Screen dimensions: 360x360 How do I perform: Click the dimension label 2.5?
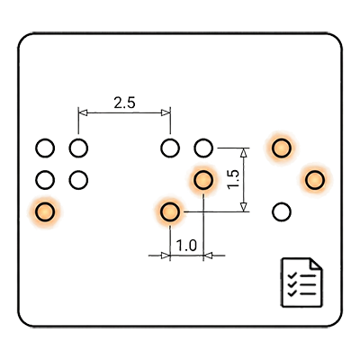124,103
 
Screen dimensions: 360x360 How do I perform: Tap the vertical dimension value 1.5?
234,179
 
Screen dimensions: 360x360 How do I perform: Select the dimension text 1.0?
186,246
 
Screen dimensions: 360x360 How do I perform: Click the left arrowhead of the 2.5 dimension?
83,112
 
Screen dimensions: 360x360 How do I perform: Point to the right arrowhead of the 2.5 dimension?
166,112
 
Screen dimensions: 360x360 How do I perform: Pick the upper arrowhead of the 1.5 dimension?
244,153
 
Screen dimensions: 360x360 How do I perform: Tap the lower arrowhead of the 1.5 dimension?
244,207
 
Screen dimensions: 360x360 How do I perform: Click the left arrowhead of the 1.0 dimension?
166,256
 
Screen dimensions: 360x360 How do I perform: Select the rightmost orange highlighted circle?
315,180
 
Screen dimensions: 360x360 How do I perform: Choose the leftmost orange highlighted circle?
45,211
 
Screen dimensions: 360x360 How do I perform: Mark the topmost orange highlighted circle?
282,148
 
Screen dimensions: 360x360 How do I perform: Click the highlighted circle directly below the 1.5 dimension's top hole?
203,180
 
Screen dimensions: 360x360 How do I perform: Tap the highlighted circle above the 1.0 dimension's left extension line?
170,211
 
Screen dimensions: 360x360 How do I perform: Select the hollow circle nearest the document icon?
282,211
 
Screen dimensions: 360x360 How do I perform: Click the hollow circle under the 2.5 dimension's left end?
78,148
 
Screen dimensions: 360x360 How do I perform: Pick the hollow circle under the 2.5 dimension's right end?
170,148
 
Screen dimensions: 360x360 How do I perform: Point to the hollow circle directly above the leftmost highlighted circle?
45,180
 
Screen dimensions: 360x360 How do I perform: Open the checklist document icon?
301,283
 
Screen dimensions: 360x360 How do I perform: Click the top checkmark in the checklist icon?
292,275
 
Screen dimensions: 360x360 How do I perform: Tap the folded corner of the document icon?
316,264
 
